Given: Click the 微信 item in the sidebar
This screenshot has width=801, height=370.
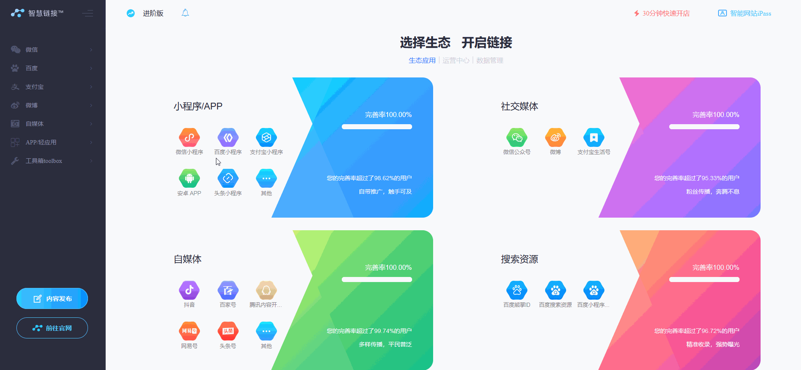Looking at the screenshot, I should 32,50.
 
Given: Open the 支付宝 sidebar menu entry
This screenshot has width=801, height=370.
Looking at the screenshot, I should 35,87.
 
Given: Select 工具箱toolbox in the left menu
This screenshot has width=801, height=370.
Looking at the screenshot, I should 43,161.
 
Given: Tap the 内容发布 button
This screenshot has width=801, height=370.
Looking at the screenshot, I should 52,298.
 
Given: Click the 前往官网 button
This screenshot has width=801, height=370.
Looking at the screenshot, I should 52,328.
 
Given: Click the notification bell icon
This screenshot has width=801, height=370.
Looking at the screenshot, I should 185,13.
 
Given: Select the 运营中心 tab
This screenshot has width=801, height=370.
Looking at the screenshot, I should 456,60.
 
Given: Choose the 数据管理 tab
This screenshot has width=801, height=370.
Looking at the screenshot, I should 490,60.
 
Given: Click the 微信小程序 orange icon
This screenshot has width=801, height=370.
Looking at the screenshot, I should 189,137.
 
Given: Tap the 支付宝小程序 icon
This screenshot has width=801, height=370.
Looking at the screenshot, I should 266,137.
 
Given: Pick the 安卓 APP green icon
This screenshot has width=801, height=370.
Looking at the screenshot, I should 189,178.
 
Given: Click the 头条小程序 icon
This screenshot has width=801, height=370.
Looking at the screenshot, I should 228,178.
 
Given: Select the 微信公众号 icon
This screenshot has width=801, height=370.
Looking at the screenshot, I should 517,137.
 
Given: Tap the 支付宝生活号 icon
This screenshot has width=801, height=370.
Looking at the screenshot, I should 593,137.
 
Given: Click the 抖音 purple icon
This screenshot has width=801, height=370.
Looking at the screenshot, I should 189,290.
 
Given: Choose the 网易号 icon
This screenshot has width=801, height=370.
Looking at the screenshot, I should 189,331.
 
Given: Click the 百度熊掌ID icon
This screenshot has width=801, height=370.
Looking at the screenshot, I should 517,290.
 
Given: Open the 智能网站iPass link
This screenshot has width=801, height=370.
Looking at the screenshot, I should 745,13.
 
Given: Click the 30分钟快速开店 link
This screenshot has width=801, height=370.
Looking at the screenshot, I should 662,13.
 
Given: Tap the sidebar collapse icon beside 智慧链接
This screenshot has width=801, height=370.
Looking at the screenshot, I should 88,13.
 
